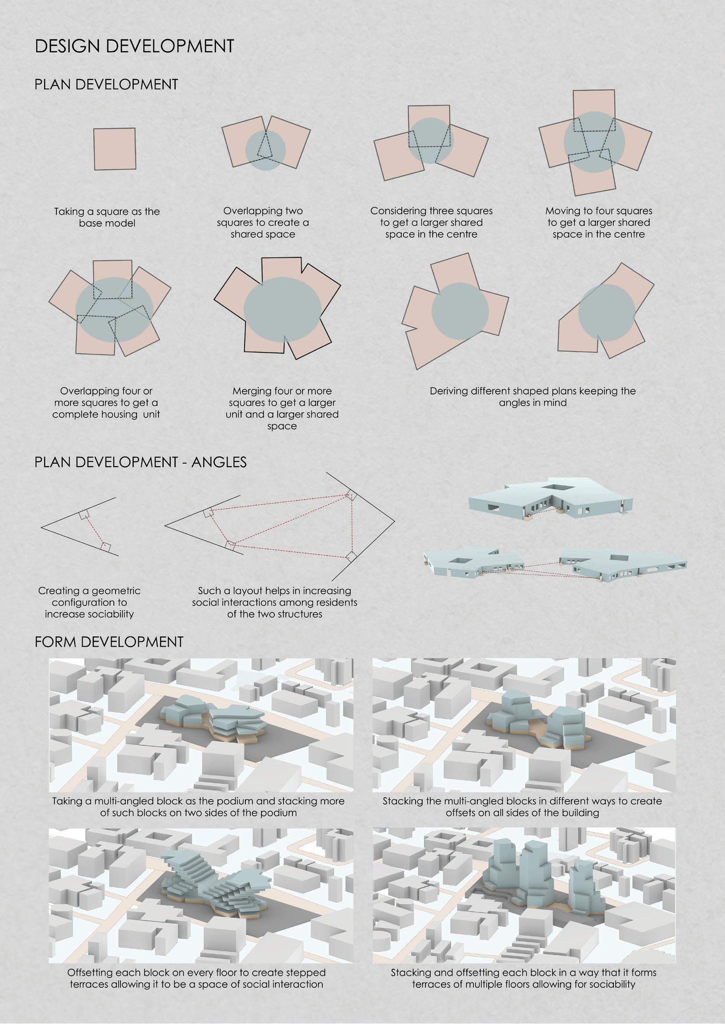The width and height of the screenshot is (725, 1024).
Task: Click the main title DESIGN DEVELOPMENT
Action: click(134, 46)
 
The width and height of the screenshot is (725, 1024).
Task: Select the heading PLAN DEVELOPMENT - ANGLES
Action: click(140, 462)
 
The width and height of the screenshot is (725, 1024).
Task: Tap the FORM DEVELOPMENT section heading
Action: click(109, 642)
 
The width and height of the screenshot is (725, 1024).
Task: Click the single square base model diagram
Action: click(115, 149)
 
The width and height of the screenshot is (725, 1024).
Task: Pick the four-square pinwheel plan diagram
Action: click(595, 143)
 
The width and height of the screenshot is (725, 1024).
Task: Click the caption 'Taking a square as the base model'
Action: click(107, 217)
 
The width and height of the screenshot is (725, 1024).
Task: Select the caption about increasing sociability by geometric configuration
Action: click(89, 602)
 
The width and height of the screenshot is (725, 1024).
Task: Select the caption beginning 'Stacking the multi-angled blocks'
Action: click(522, 806)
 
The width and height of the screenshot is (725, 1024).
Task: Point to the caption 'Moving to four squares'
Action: click(599, 211)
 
